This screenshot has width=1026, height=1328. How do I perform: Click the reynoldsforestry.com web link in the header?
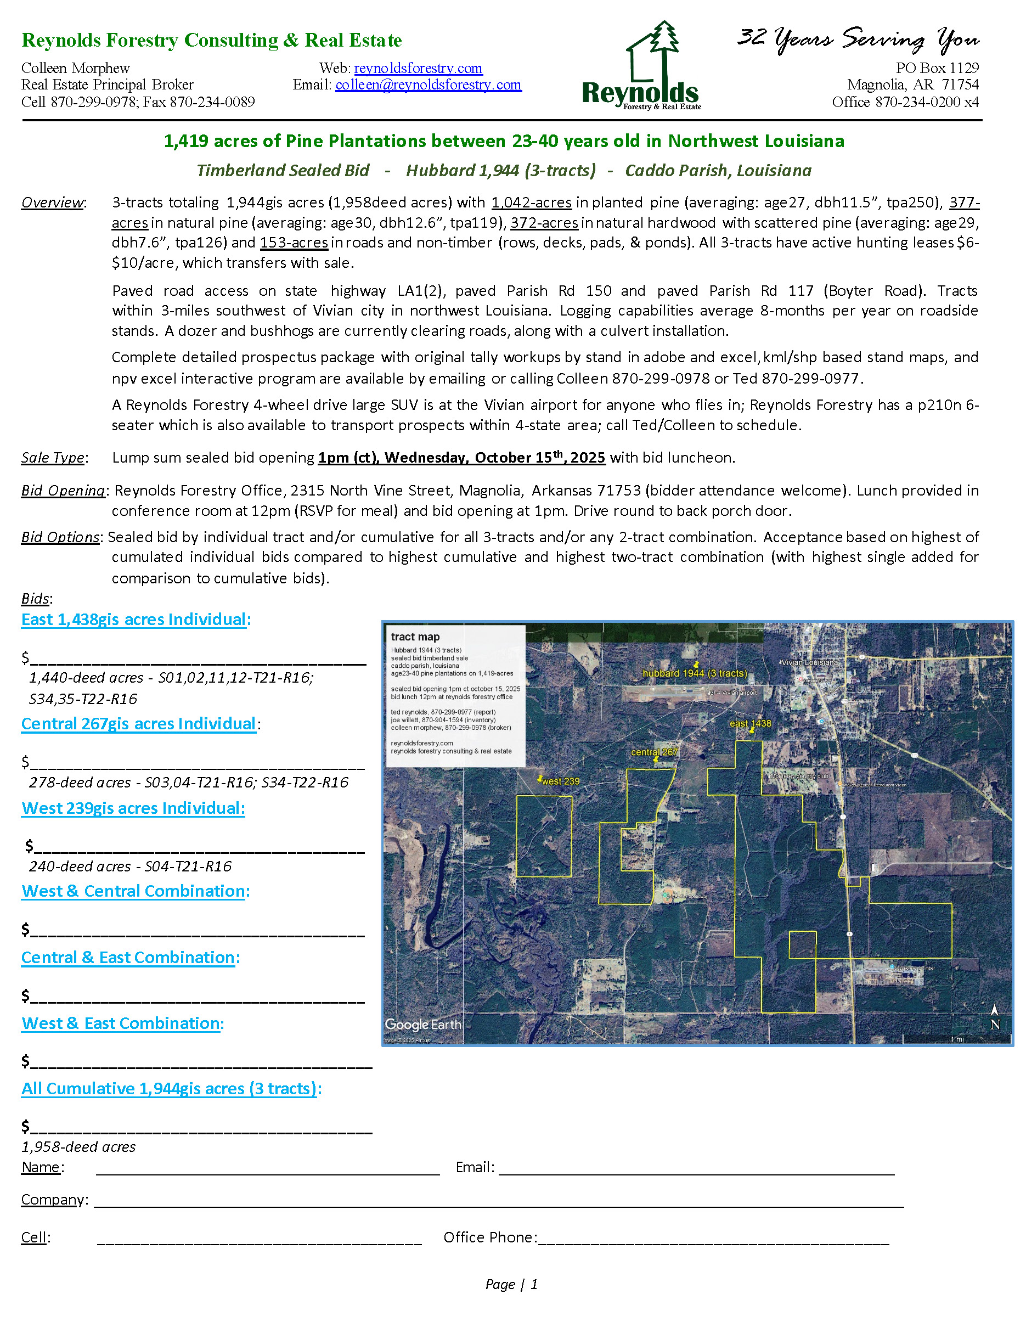click(x=418, y=68)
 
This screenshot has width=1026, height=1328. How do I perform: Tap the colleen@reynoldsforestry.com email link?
click(x=428, y=85)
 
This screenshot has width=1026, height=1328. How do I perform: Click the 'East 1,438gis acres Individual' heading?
click(x=136, y=620)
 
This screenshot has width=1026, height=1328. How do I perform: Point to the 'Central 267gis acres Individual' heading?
click(x=139, y=724)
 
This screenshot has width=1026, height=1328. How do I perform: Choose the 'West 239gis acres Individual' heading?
click(x=133, y=808)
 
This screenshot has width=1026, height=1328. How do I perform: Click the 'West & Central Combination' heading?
click(x=136, y=891)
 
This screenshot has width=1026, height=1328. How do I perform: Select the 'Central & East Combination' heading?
click(x=130, y=957)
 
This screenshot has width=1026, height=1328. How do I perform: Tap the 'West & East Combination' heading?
click(x=123, y=1023)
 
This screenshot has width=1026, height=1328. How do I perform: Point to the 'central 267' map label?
click(x=654, y=752)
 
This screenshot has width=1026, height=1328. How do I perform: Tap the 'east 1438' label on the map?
click(x=750, y=724)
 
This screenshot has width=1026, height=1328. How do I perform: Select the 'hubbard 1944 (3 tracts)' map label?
click(x=695, y=673)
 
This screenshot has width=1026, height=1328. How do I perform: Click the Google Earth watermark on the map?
click(x=423, y=1025)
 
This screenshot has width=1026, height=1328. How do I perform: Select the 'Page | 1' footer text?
click(x=512, y=1284)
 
